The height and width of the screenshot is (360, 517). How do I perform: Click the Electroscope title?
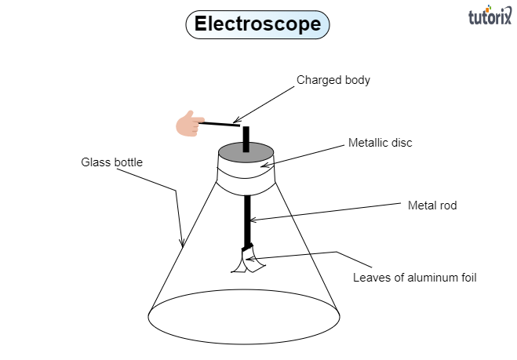click(257, 24)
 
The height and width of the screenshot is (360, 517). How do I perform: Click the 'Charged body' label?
click(333, 80)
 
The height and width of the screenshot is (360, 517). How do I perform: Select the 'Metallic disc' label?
click(380, 144)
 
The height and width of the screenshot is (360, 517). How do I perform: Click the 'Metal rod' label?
click(431, 205)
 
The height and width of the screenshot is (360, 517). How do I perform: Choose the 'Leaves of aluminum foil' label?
click(414, 277)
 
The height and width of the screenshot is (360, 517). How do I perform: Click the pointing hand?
click(188, 124)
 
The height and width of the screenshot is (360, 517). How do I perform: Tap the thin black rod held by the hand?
click(219, 123)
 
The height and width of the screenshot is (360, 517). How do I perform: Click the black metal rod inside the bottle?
click(248, 220)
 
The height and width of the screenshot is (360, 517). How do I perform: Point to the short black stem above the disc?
click(246, 137)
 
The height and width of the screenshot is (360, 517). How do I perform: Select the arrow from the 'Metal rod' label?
click(329, 212)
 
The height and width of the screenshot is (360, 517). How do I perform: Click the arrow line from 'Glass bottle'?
click(177, 212)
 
